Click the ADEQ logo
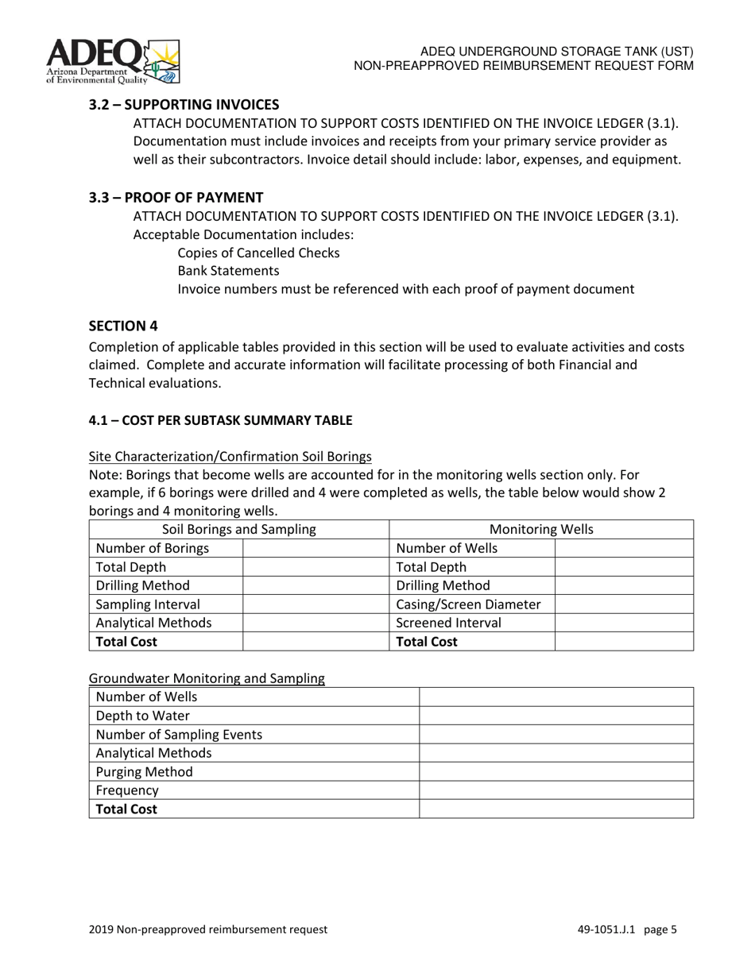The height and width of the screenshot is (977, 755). pyautogui.click(x=113, y=61)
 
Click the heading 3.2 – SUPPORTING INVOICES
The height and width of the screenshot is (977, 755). pyautogui.click(x=184, y=104)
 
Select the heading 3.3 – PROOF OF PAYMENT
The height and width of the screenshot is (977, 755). pyautogui.click(x=176, y=197)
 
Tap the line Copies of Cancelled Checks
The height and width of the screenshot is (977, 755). pyautogui.click(x=258, y=253)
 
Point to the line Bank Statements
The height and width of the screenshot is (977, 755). pyautogui.click(x=228, y=271)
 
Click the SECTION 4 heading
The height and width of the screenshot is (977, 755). pyautogui.click(x=118, y=326)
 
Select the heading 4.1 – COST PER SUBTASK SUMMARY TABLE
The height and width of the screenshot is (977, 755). pyautogui.click(x=220, y=419)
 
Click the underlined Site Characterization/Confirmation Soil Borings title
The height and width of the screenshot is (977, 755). pyautogui.click(x=230, y=456)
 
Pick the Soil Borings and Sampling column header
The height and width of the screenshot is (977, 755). pyautogui.click(x=238, y=529)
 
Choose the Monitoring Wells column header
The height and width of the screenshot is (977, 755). pyautogui.click(x=541, y=529)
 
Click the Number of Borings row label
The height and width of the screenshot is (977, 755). pyautogui.click(x=153, y=548)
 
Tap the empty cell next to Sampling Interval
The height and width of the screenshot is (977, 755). pyautogui.click(x=315, y=604)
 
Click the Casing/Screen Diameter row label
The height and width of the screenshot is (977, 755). pyautogui.click(x=468, y=604)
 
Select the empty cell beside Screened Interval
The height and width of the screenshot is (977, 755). pyautogui.click(x=623, y=623)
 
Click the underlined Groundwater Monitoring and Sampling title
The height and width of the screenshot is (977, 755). pyautogui.click(x=207, y=678)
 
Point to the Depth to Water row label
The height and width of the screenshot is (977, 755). pyautogui.click(x=143, y=716)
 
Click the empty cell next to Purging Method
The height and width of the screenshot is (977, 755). pyautogui.click(x=556, y=771)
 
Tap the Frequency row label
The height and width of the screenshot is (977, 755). pyautogui.click(x=127, y=790)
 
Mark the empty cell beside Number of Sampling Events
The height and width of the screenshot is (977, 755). pyautogui.click(x=556, y=734)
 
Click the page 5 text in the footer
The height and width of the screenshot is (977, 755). pyautogui.click(x=660, y=929)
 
